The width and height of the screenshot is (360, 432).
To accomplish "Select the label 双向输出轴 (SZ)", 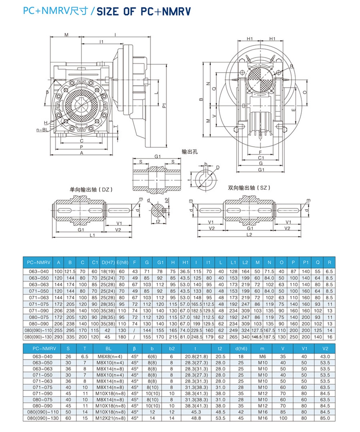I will point(249,188).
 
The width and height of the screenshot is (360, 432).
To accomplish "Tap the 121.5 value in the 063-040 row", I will point(70,271).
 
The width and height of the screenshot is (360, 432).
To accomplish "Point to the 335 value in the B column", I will point(70,337).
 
